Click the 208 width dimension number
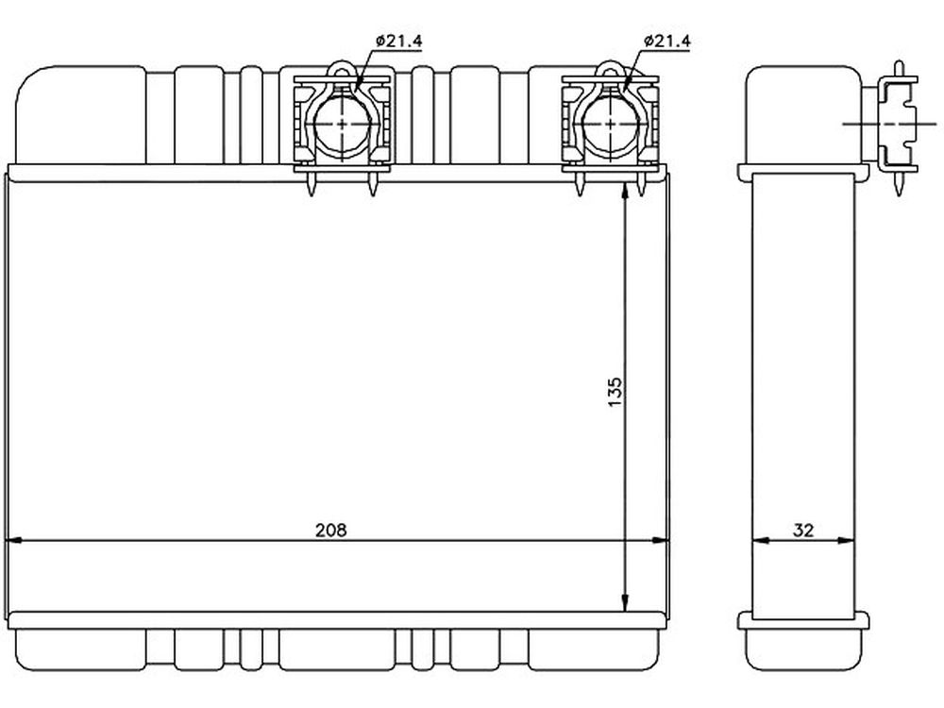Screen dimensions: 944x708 click(x=331, y=530)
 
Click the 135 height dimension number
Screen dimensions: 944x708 click(x=615, y=392)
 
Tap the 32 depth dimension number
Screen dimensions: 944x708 click(x=803, y=530)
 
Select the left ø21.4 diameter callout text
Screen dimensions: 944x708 click(x=399, y=41)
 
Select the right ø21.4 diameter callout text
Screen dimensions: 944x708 click(x=667, y=41)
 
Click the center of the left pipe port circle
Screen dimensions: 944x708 click(x=343, y=124)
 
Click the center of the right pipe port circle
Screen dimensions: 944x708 click(x=611, y=124)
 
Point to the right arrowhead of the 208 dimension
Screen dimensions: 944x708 click(x=661, y=541)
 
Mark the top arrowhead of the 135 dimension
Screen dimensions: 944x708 click(x=626, y=192)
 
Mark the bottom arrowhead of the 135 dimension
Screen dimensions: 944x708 click(x=626, y=603)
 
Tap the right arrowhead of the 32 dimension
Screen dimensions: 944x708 click(x=847, y=541)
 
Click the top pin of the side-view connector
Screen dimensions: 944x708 click(x=899, y=69)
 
